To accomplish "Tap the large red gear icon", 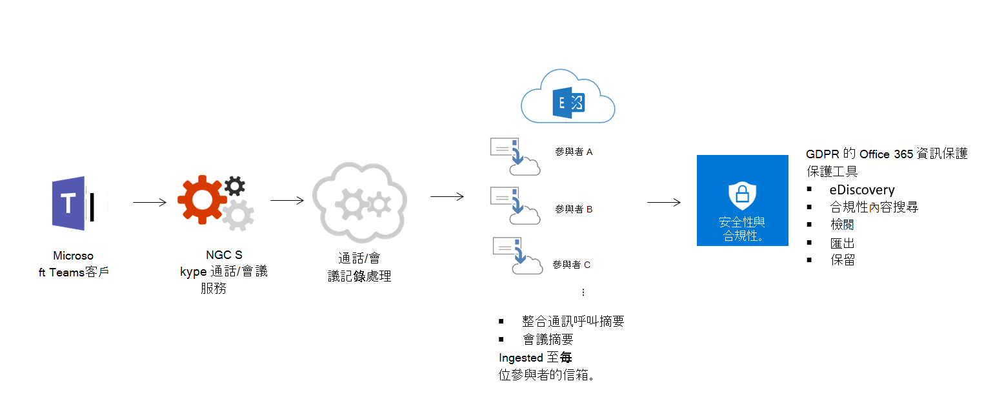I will click(x=201, y=199).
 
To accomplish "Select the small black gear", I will click(x=234, y=186).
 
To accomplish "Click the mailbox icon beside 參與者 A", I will click(x=514, y=156).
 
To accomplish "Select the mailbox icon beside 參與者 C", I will click(x=516, y=256).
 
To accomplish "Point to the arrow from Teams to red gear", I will click(x=150, y=202).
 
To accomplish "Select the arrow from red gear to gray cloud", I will click(x=287, y=201).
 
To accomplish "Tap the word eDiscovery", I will click(x=862, y=190).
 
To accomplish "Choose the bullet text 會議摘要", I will click(x=548, y=339).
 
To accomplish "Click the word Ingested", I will click(x=521, y=357).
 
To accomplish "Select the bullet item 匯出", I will click(x=843, y=243).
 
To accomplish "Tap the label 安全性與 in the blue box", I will click(x=742, y=223).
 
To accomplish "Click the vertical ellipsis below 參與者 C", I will click(x=583, y=293).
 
